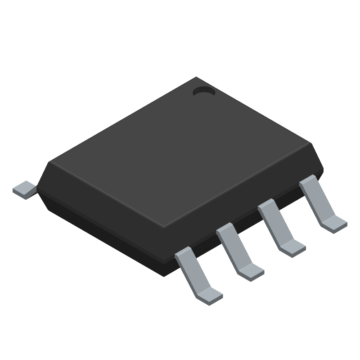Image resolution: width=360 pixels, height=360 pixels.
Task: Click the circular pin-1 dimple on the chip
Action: click(x=204, y=91)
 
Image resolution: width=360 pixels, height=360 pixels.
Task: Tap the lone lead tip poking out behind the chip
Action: click(x=24, y=189)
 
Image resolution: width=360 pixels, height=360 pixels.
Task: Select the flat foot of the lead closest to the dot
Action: click(x=336, y=222)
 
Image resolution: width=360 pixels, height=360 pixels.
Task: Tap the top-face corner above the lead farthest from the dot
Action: click(x=164, y=225)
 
